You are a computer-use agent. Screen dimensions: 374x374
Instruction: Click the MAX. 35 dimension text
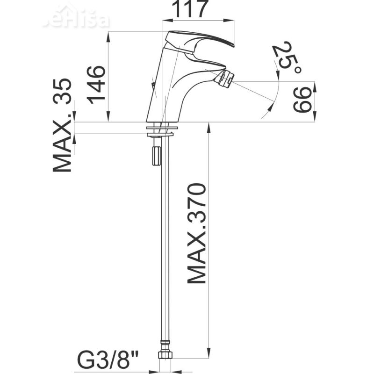(x=62, y=125)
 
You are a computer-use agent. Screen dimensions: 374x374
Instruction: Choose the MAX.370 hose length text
(x=196, y=234)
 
